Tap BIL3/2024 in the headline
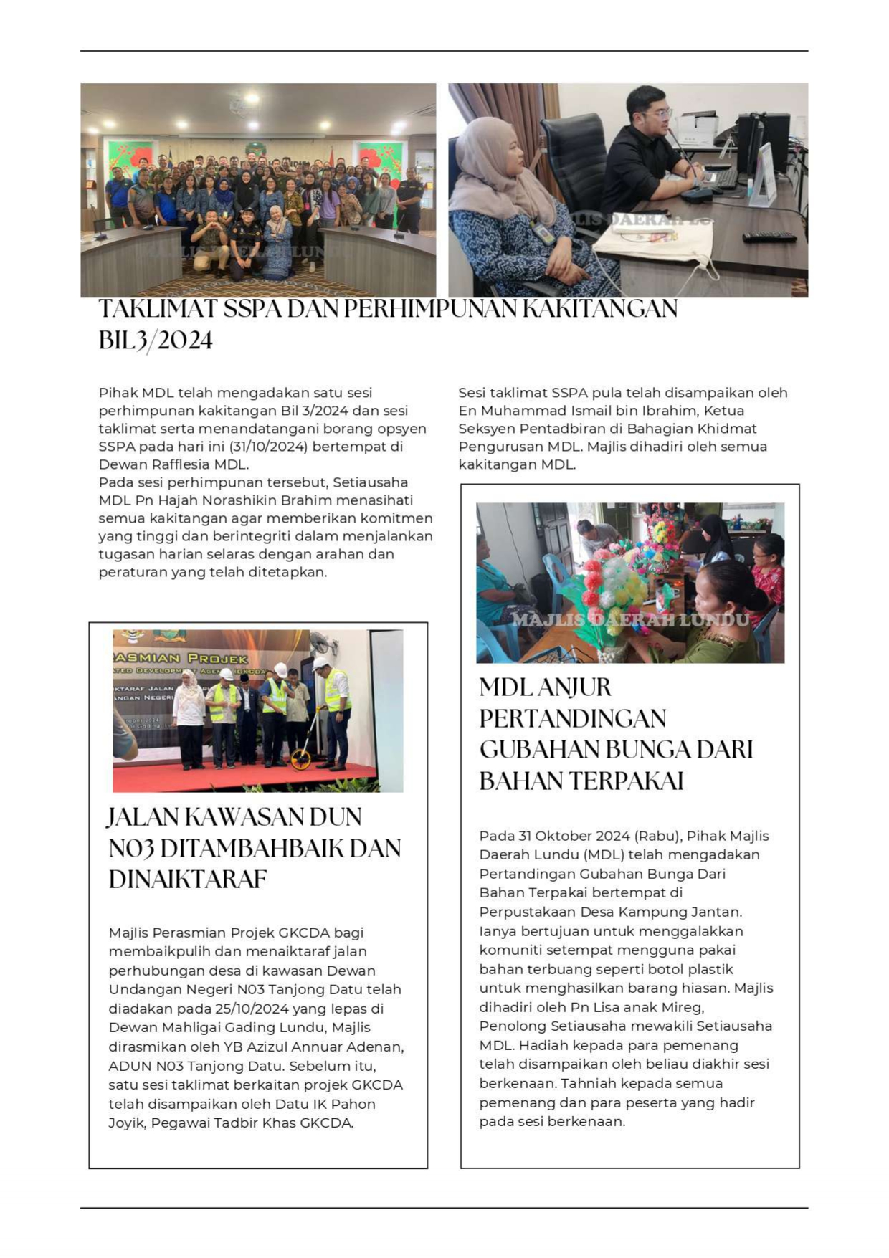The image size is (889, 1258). [x=156, y=340]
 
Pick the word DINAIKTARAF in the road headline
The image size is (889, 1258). [x=188, y=880]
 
